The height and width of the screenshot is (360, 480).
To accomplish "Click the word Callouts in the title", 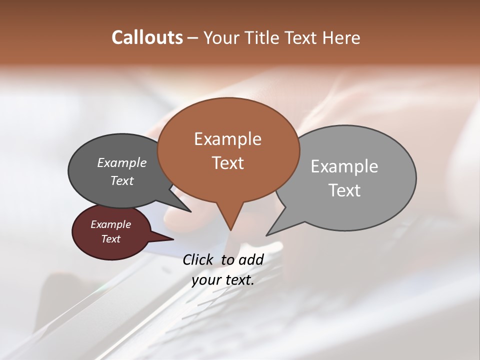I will pos(147,37).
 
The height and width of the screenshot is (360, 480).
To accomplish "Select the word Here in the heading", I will pos(341,37).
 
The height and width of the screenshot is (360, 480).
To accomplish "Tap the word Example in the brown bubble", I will pos(227,139).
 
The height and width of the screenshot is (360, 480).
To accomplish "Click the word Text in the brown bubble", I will pos(227,162).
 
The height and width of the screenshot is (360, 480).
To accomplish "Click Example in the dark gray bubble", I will pos(121,162).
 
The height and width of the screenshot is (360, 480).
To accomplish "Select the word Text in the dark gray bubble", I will pos(121,180).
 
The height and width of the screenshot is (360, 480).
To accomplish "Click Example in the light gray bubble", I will pos(344,166).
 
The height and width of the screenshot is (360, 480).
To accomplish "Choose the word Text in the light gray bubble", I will pos(344,190).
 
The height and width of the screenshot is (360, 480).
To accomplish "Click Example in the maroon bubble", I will pos(110,224).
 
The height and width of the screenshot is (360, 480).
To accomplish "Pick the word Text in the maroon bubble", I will pos(110,239).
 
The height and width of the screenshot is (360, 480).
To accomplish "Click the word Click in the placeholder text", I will pos(197,259).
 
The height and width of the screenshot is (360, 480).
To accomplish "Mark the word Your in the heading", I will pos(220,37).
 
